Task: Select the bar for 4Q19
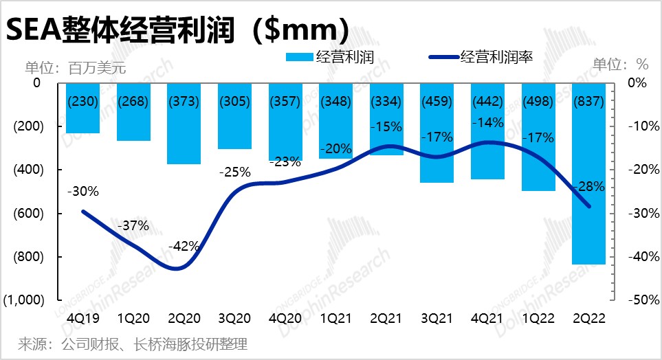(x=82, y=121)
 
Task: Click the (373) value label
(x=184, y=101)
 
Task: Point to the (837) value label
(x=588, y=101)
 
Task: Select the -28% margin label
(x=589, y=185)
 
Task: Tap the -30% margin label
(x=83, y=191)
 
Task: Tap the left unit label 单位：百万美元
(x=76, y=67)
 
